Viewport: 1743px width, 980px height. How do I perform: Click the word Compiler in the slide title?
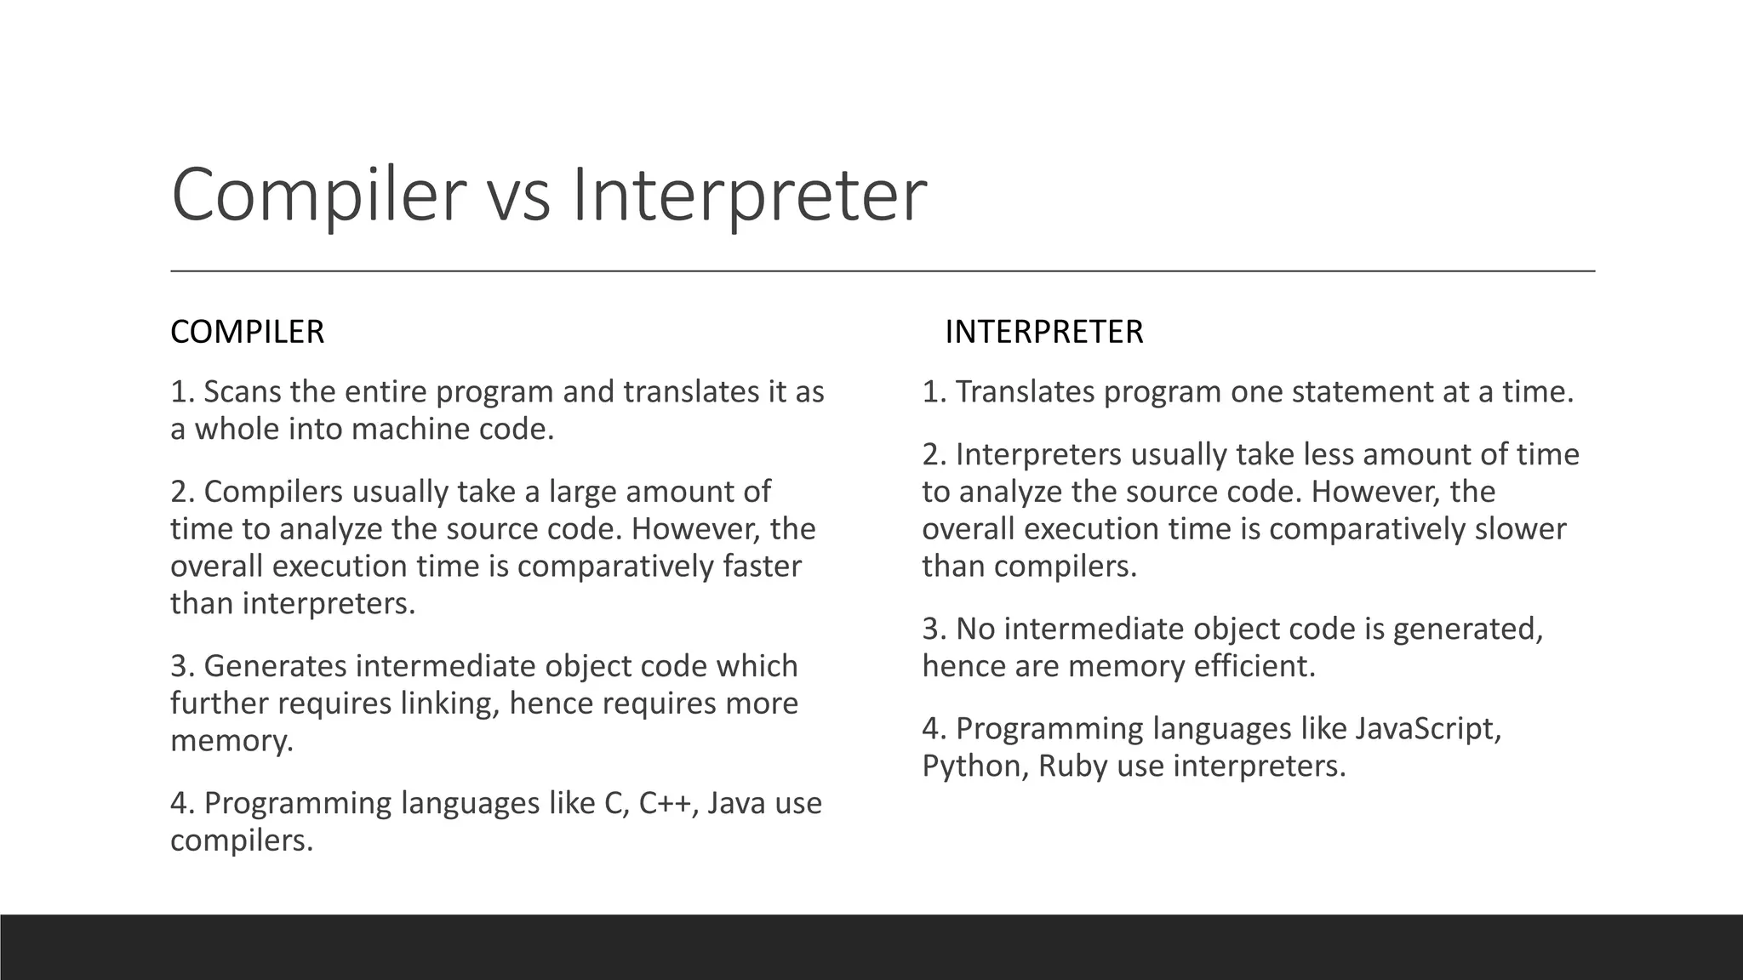318,196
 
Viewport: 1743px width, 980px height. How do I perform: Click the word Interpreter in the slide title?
749,196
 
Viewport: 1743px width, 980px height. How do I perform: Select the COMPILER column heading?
247,332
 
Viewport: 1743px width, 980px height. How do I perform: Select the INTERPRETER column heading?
1043,332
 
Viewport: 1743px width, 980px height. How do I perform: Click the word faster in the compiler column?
762,567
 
